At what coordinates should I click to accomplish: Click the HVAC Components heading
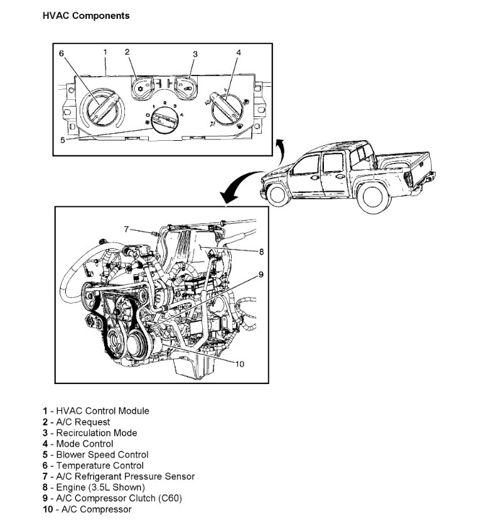[86, 16]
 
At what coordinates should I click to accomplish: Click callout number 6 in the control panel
[62, 53]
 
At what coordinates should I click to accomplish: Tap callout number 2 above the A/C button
[127, 52]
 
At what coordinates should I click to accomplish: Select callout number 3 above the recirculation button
[195, 54]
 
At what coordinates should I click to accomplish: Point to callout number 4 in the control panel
[239, 53]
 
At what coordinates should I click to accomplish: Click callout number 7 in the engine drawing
[126, 229]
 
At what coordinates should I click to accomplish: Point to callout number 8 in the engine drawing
[261, 251]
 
